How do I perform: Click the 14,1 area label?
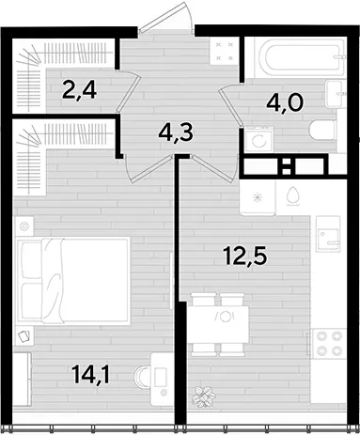click(x=90, y=375)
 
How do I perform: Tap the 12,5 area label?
click(x=245, y=256)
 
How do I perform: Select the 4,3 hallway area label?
click(x=176, y=133)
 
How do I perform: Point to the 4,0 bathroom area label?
click(x=285, y=103)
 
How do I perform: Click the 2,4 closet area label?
click(x=79, y=89)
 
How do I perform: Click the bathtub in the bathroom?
click(x=301, y=57)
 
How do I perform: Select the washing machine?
click(x=258, y=139)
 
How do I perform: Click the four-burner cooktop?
click(x=328, y=343)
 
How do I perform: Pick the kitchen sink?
click(x=328, y=234)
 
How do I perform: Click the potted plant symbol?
click(x=204, y=396)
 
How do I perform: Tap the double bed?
click(x=73, y=279)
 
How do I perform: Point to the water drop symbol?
click(x=293, y=196)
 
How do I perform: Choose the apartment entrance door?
click(x=166, y=19)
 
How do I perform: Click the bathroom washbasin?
click(x=336, y=94)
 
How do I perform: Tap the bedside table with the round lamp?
click(x=24, y=226)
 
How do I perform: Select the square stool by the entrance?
click(x=222, y=52)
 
